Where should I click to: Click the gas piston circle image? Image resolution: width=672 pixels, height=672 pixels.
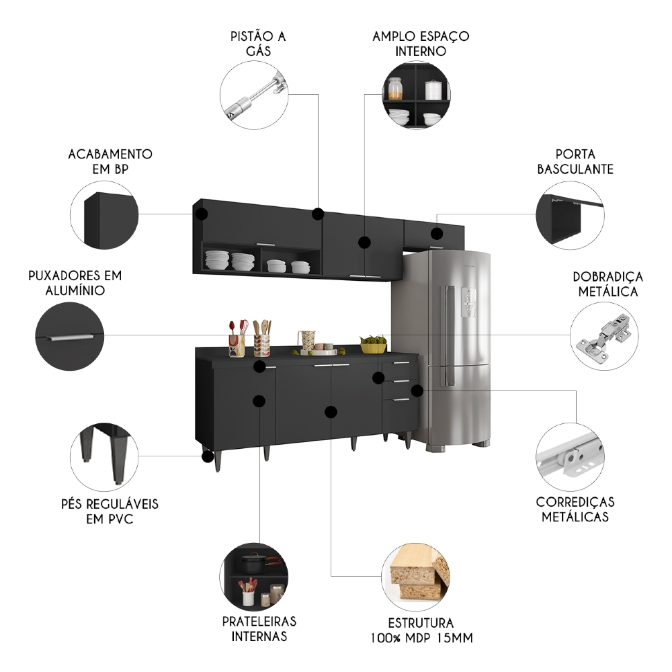coord(253,95)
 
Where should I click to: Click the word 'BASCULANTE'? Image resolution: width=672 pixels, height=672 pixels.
coord(575,169)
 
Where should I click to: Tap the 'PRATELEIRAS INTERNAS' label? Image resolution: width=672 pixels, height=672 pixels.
coord(260,628)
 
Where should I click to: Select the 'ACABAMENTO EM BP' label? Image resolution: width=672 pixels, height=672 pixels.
coord(110,161)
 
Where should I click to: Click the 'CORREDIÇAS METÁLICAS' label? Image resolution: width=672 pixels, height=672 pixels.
coord(575,509)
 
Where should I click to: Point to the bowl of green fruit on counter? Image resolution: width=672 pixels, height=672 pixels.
coord(374,345)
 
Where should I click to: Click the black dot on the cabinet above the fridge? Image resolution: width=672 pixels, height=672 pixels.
coord(437,234)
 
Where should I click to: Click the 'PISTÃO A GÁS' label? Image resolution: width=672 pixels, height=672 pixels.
coord(258,43)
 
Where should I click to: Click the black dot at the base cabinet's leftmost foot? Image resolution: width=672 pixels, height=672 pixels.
coord(208,456)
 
